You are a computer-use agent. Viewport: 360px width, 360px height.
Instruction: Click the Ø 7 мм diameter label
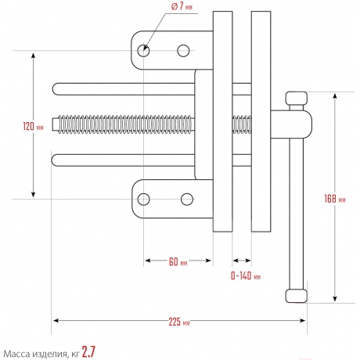pyautogui.click(x=182, y=6)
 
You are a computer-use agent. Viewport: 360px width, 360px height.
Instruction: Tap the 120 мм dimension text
pyautogui.click(x=33, y=127)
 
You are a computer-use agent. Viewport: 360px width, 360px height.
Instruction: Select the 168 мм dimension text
pyautogui.click(x=335, y=199)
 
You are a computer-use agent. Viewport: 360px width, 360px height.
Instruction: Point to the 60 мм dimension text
pyautogui.click(x=178, y=261)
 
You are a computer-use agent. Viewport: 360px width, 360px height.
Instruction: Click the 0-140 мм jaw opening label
pyautogui.click(x=246, y=275)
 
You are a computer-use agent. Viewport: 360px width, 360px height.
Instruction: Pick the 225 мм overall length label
pyautogui.click(x=179, y=322)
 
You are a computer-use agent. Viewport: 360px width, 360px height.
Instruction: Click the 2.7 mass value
pyautogui.click(x=88, y=352)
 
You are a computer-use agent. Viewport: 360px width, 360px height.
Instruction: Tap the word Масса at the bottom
pyautogui.click(x=17, y=354)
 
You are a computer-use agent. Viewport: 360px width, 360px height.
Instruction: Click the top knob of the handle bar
pyautogui.click(x=296, y=98)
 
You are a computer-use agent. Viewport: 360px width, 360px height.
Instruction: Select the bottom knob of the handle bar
pyautogui.click(x=296, y=296)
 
